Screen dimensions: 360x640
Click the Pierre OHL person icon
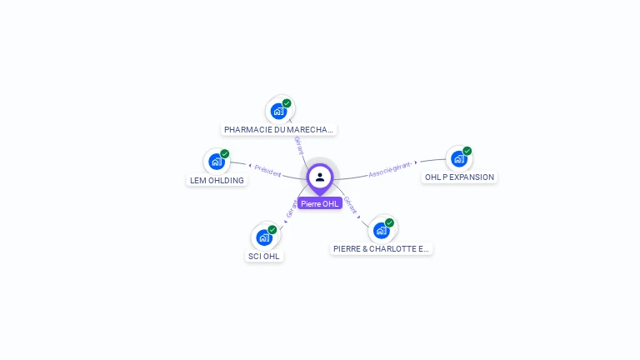tap(320, 177)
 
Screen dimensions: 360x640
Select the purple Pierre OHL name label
tap(320, 203)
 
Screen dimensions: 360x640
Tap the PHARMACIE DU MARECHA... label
tap(279, 130)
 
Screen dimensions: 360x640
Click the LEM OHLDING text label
tap(217, 180)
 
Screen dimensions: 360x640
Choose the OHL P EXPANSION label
tap(459, 177)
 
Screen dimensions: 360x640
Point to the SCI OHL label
tap(264, 256)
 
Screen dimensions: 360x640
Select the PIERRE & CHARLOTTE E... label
tap(381, 248)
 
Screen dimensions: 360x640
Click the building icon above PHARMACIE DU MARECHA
tap(278, 111)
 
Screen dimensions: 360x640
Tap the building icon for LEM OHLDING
tap(216, 161)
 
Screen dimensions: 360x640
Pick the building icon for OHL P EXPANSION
tap(458, 158)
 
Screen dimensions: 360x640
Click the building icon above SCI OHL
tap(264, 237)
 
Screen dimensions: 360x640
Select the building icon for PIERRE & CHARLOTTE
tap(381, 229)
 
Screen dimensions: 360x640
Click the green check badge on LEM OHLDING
tap(225, 153)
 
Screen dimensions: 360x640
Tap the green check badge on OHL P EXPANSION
tap(467, 151)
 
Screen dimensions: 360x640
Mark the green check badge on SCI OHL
tap(272, 229)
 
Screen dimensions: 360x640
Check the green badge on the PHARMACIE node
tap(287, 103)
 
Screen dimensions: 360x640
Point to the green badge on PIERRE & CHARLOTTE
tap(389, 222)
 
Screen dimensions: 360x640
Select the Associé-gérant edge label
tap(390, 169)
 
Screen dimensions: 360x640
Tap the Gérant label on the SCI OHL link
tap(291, 209)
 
